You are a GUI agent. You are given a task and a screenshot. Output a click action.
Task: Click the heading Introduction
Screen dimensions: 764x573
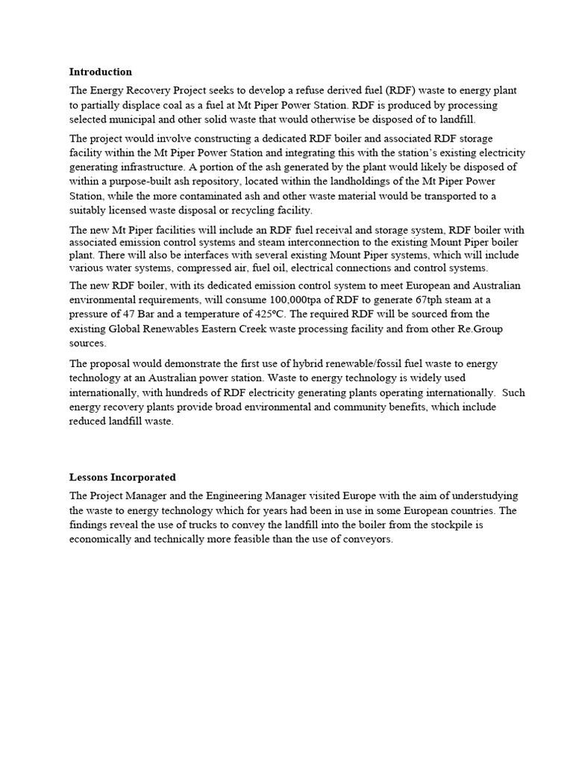point(100,72)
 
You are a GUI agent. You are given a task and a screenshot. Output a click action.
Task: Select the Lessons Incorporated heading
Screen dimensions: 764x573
point(122,477)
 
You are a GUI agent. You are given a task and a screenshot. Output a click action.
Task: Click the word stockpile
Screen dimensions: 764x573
point(440,525)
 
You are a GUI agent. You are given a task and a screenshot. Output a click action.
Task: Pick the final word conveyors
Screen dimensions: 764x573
point(366,539)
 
